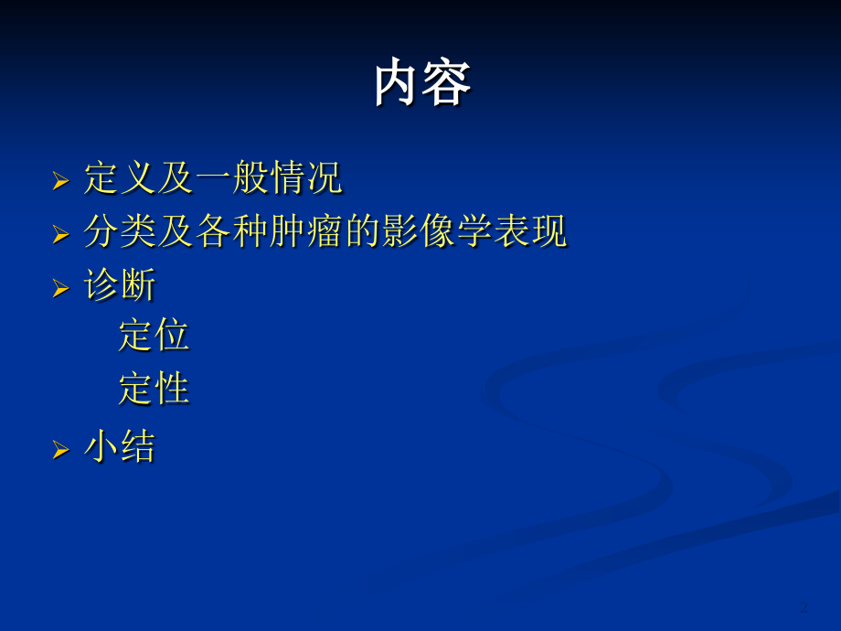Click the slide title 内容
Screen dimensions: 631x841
point(422,84)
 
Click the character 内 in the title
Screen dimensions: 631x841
point(398,84)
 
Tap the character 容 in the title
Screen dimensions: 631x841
point(447,84)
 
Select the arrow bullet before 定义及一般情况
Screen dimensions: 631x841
point(60,181)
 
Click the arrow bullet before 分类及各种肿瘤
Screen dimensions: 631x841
point(60,235)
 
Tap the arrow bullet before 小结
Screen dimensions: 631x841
point(60,450)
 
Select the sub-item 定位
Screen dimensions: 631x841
point(154,336)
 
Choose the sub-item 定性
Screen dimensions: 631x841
point(154,390)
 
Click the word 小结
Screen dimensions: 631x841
point(120,447)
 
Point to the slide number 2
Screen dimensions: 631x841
point(804,606)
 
